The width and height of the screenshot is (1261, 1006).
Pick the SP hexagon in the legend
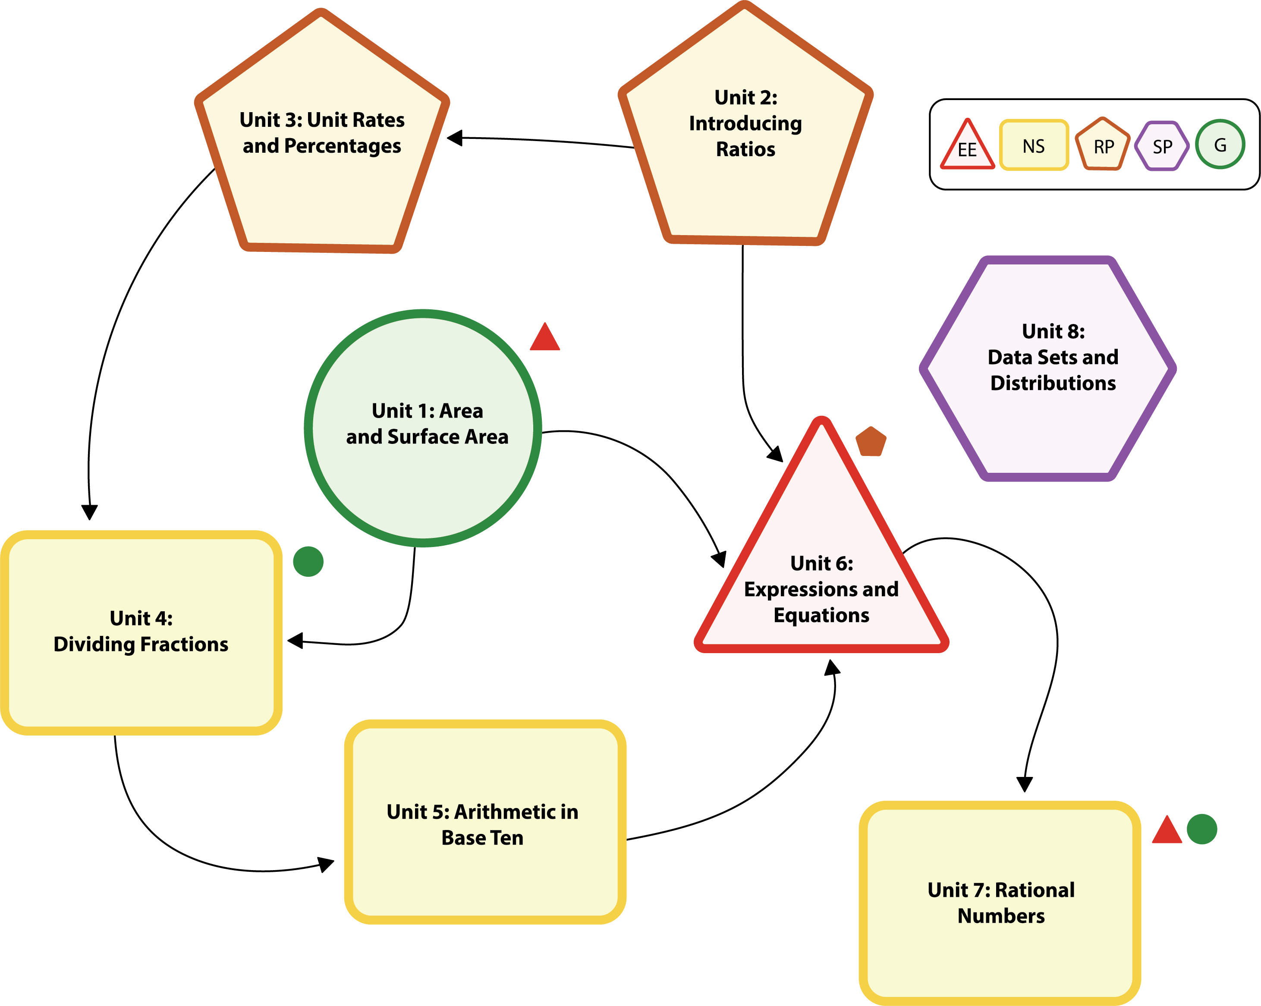click(1162, 146)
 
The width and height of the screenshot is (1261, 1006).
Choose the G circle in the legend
click(1220, 145)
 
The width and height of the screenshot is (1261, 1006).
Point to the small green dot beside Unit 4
click(308, 562)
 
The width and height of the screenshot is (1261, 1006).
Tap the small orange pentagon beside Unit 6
click(871, 442)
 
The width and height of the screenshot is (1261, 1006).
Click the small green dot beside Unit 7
click(1202, 830)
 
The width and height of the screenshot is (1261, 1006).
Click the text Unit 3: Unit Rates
click(322, 120)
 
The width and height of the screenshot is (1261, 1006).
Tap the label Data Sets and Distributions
click(1053, 370)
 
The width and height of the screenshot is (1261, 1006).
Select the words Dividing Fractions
click(141, 644)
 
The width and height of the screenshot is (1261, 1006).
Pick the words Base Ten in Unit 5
click(482, 838)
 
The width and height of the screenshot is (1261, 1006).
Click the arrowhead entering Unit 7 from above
click(1025, 784)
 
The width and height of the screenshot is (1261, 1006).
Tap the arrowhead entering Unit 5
click(327, 864)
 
